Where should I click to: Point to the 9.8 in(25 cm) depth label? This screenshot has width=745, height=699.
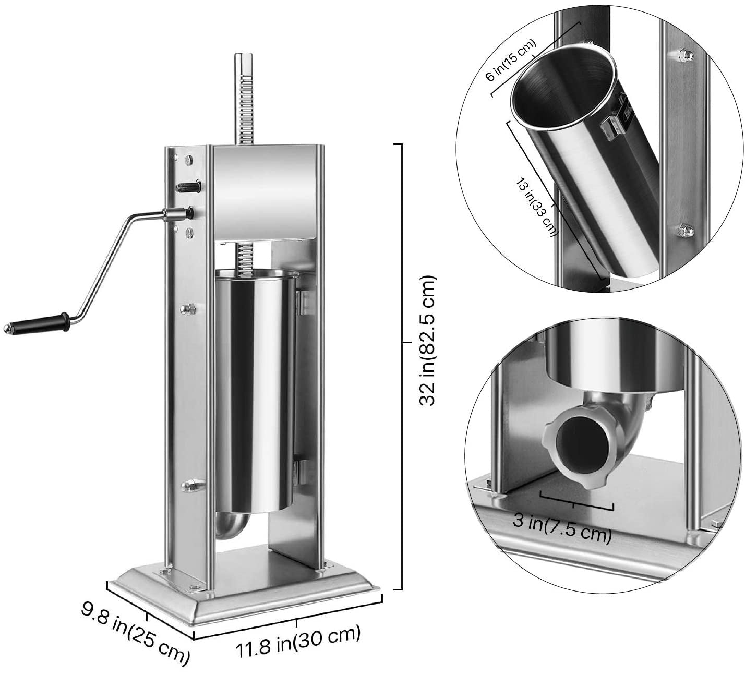coord(135,632)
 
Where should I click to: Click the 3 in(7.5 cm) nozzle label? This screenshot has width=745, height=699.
coord(561,527)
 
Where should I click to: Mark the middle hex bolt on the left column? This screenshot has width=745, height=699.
coord(186,310)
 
